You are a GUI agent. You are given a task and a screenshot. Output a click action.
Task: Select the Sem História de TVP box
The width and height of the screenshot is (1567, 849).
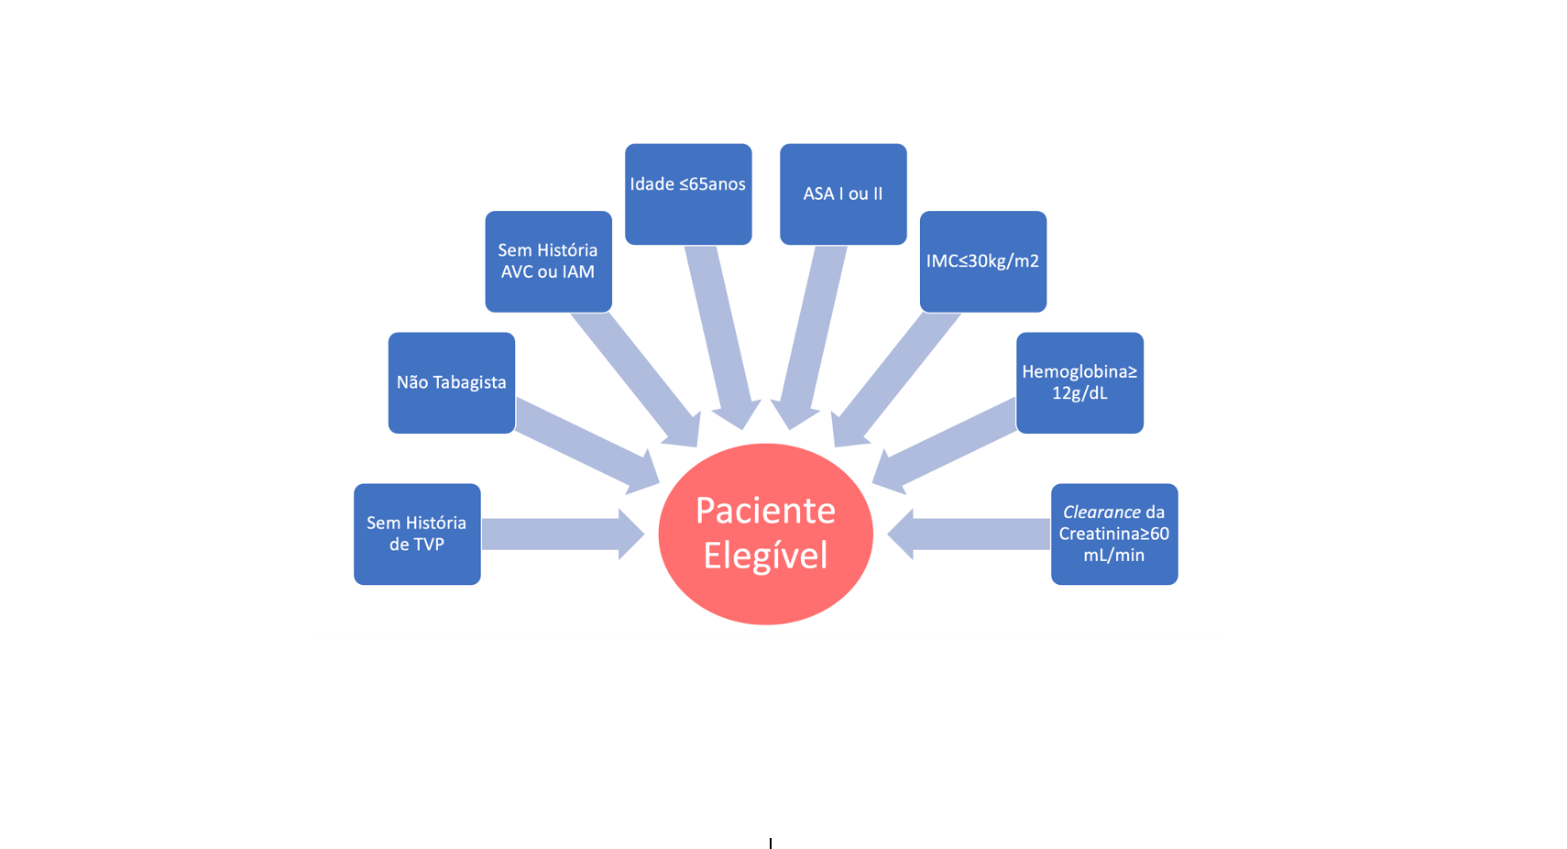coord(417,534)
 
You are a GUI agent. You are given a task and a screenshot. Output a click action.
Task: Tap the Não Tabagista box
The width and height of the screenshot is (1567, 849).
coord(451,382)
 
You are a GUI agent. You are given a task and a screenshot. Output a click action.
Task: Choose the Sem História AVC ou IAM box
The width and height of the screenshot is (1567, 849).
coord(548,261)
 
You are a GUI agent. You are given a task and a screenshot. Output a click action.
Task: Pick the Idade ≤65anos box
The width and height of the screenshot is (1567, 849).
coord(688,193)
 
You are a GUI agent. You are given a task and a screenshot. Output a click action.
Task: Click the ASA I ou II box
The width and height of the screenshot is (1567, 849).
coord(843,193)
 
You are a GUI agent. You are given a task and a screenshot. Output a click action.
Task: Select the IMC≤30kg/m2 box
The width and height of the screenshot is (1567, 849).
coord(982,261)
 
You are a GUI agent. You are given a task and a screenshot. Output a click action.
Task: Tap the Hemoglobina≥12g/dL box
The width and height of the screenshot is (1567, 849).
coord(1079,382)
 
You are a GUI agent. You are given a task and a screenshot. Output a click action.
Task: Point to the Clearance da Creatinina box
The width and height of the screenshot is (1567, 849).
coord(1114,534)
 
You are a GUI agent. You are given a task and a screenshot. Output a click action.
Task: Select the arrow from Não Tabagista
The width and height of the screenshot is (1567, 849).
coord(586,446)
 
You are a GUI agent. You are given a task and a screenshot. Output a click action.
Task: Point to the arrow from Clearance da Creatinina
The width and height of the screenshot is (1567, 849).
coord(971,534)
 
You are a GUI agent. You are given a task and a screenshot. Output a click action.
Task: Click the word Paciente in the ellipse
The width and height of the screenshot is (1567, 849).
coord(765,511)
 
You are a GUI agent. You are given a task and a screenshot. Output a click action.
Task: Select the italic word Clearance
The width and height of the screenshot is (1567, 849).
coord(1101,513)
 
